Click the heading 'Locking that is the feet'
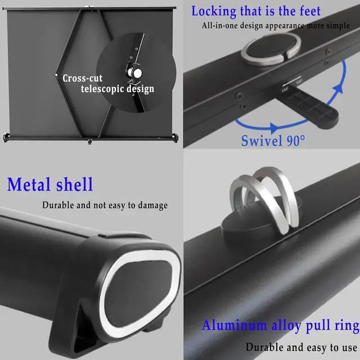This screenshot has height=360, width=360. [256, 11]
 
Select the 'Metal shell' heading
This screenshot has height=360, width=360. [50, 184]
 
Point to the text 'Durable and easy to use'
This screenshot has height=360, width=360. [301, 347]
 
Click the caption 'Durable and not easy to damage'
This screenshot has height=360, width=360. [105, 205]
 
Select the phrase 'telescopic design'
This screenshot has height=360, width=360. [117, 89]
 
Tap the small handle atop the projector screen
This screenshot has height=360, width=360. [88, 7]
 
